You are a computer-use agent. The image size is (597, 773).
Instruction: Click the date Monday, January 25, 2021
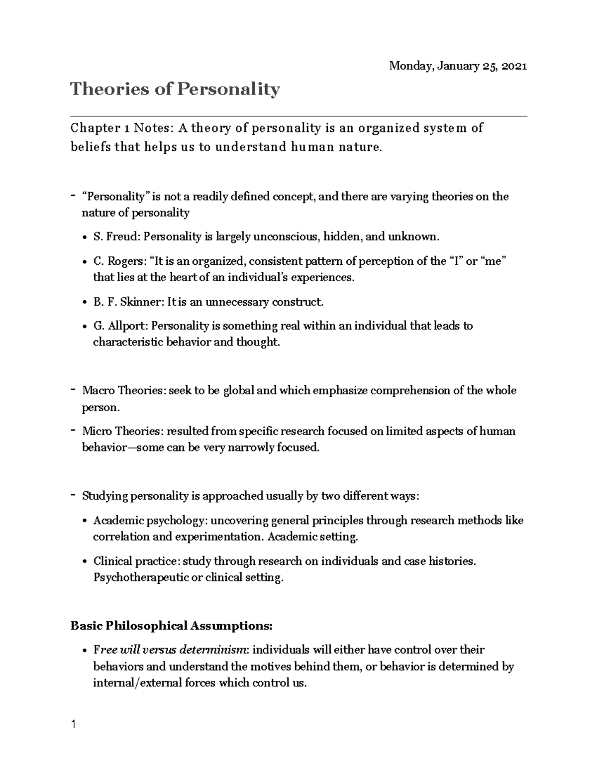[x=458, y=66]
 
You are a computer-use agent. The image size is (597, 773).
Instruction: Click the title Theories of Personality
[x=175, y=90]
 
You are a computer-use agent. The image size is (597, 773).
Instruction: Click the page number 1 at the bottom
[x=74, y=724]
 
